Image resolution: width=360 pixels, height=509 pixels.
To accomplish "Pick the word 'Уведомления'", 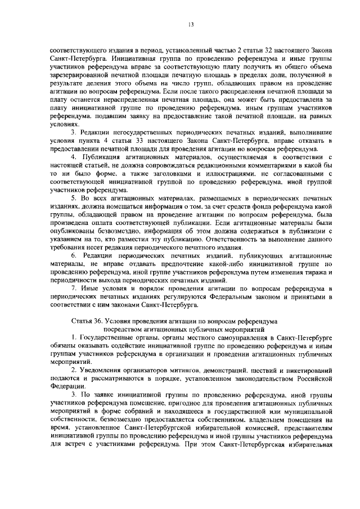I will click(100, 372).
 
